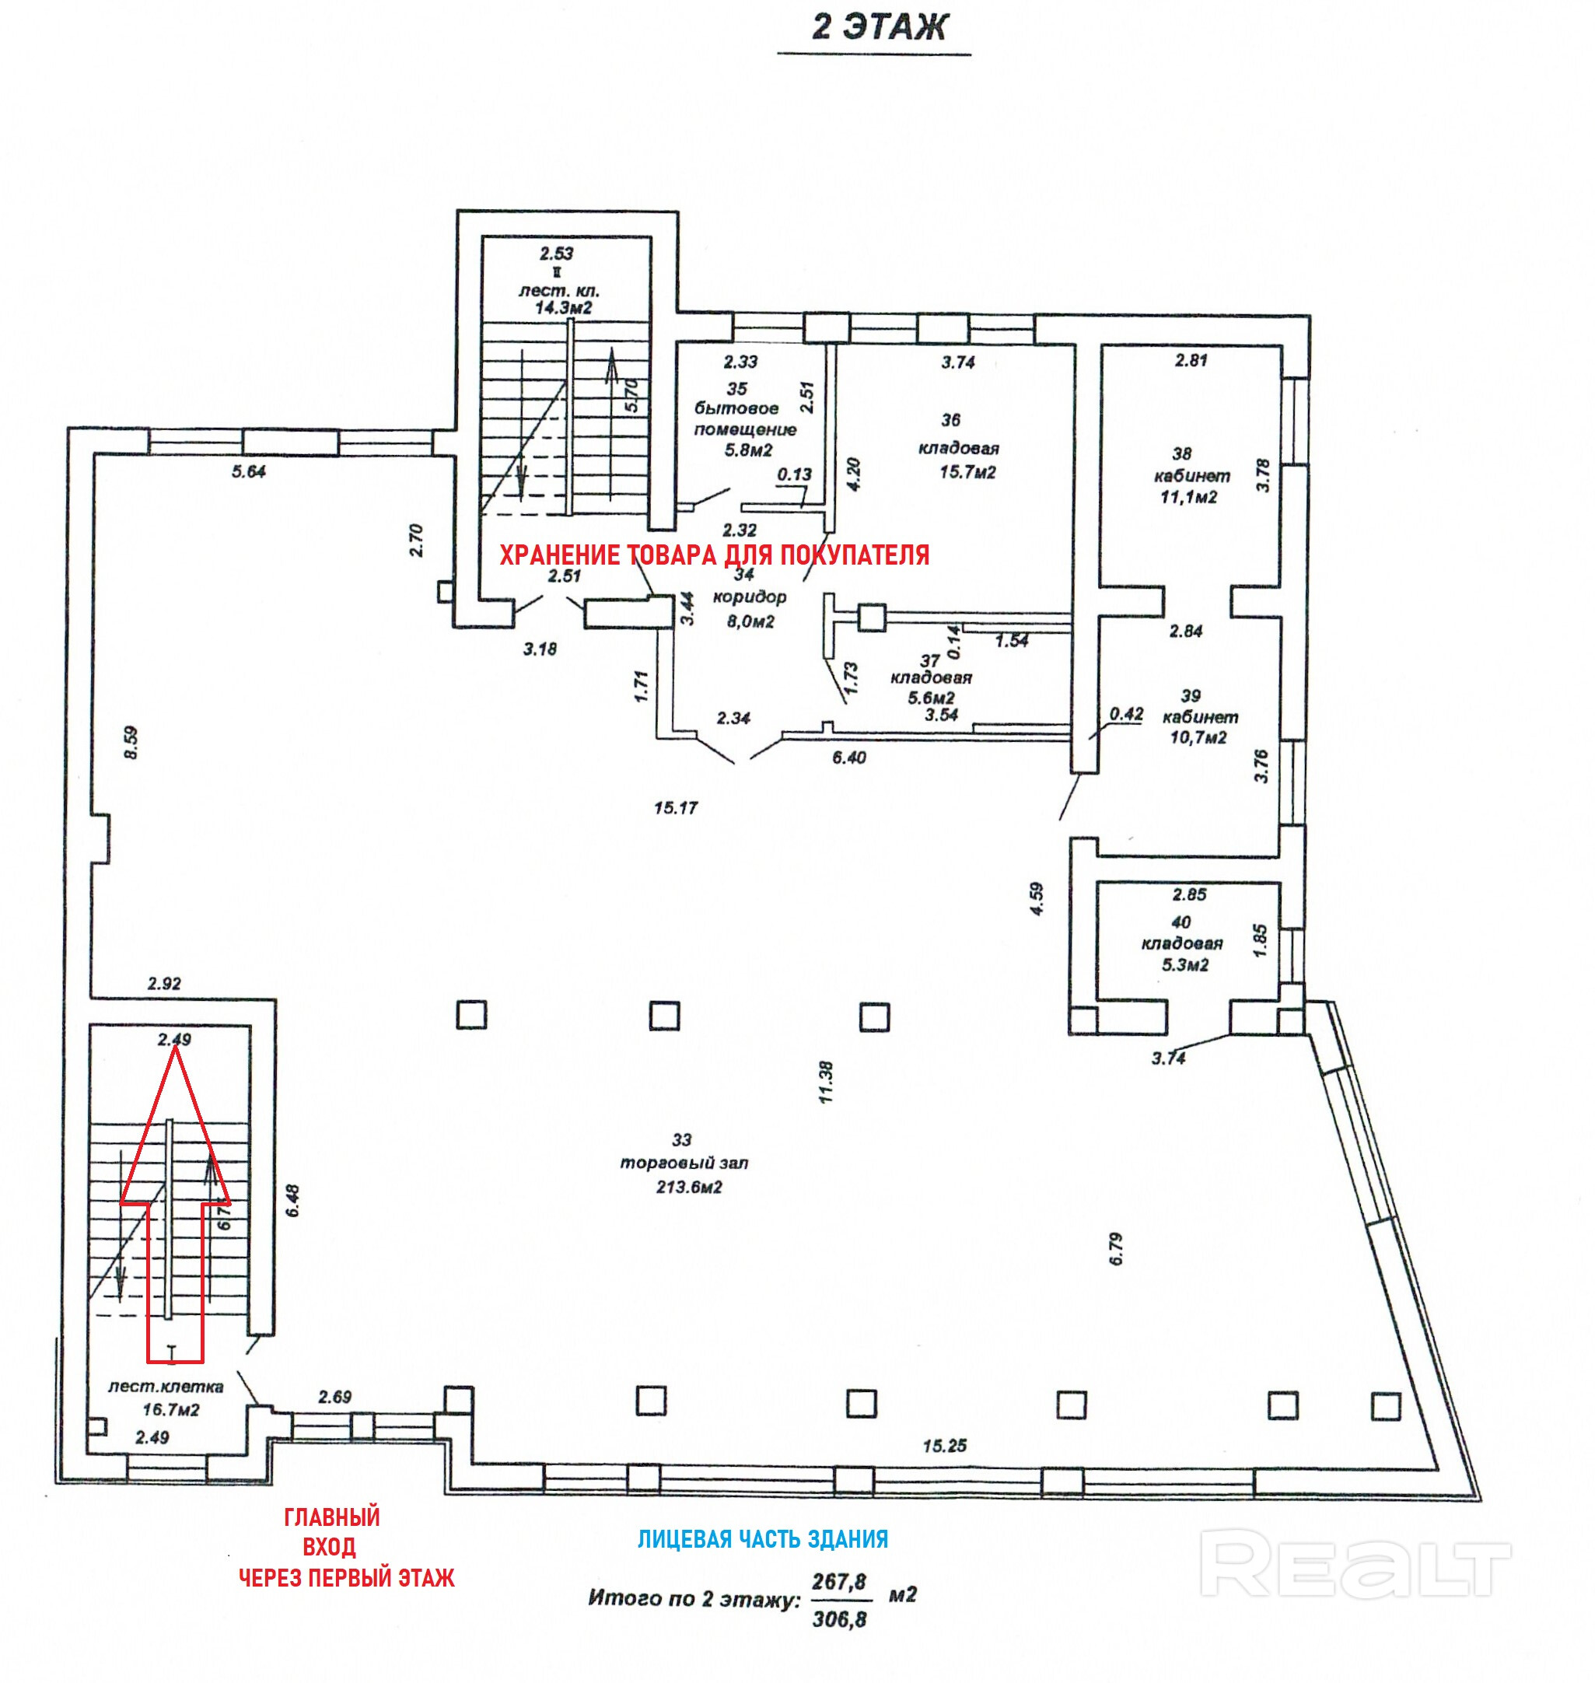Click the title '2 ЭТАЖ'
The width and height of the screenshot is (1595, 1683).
click(878, 27)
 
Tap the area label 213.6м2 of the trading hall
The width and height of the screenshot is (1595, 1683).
click(689, 1188)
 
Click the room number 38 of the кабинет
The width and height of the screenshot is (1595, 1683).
click(1181, 453)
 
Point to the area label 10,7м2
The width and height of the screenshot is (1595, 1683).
click(1198, 738)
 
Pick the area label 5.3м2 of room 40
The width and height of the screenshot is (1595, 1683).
click(1184, 965)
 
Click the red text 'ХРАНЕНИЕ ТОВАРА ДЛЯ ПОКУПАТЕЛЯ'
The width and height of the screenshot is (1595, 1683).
click(714, 555)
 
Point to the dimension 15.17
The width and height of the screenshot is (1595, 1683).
click(676, 808)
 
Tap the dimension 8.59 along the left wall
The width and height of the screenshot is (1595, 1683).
click(130, 743)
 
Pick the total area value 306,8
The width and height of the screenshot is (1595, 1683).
click(839, 1619)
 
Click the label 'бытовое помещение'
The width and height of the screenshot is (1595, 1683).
click(746, 419)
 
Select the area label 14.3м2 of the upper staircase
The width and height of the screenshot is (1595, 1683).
click(563, 308)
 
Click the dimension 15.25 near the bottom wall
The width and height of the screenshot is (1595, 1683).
click(945, 1446)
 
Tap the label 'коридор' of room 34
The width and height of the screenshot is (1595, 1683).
click(749, 597)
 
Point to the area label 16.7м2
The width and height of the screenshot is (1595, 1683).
click(171, 1410)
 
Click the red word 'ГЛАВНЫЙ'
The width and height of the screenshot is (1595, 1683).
click(331, 1517)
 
